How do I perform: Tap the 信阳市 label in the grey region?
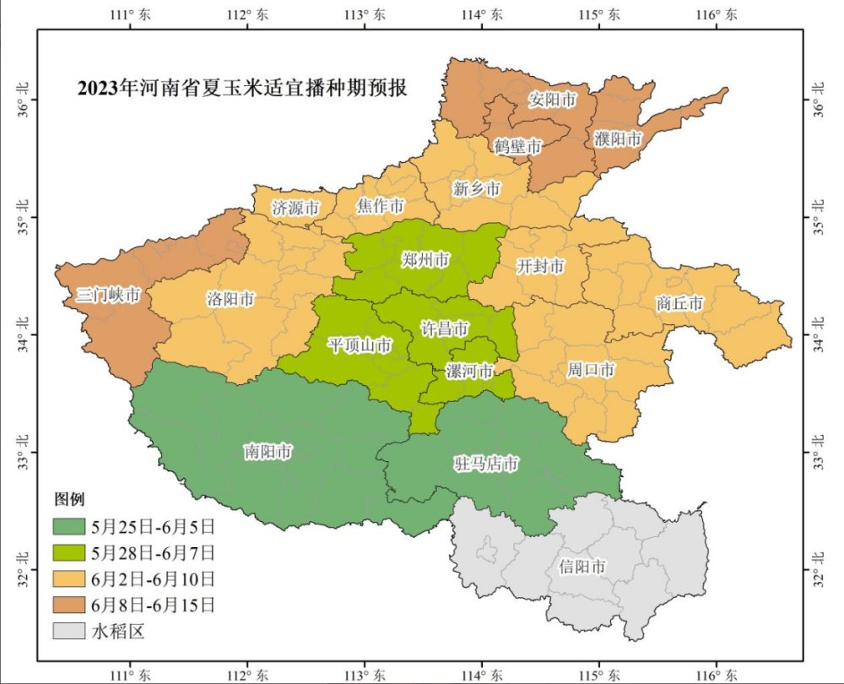pos(582,567)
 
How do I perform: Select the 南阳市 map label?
pos(267,452)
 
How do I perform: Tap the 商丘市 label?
pos(679,302)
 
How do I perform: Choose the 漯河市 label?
pos(468,371)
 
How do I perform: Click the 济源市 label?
pos(295,207)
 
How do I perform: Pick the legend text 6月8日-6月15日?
pos(153,605)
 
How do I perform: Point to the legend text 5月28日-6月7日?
pos(153,553)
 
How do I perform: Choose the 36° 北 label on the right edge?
pos(818,98)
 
